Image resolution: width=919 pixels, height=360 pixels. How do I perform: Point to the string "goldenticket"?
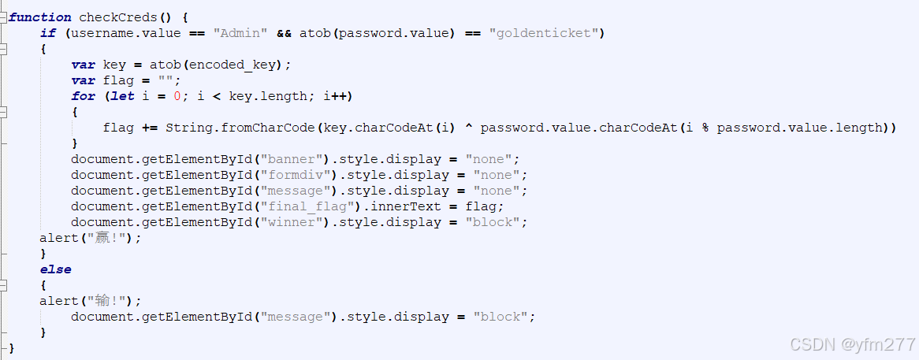coord(545,33)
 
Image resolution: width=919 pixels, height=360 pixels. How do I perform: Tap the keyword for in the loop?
coord(83,96)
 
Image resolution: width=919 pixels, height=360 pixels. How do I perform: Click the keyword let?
coord(122,96)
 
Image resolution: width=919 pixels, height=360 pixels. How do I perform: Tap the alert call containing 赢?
coord(90,238)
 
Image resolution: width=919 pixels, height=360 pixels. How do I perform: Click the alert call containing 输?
coord(90,301)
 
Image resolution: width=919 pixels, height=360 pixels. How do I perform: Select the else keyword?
coord(55,269)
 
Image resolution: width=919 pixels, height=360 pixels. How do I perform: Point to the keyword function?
coord(39,17)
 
